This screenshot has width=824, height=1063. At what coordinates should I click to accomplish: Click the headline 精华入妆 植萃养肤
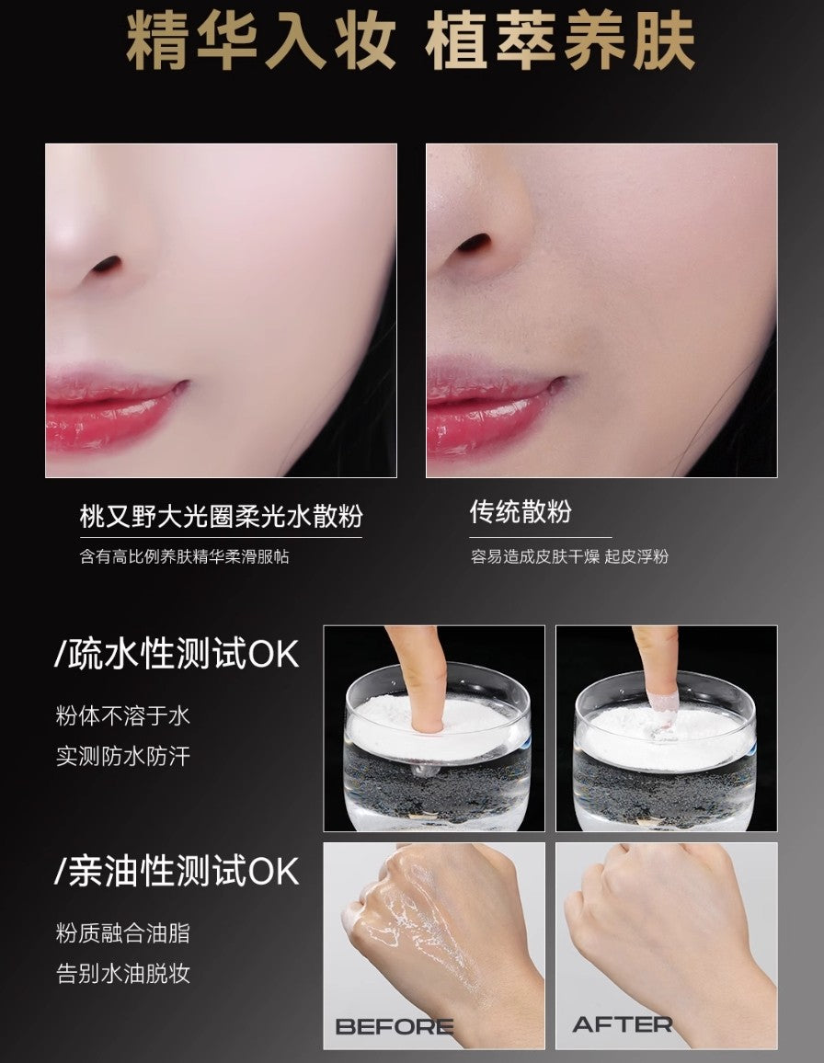pos(411,42)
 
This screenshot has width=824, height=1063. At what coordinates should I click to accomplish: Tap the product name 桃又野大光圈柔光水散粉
pos(221,515)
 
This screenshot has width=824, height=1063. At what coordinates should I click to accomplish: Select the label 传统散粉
pos(521,512)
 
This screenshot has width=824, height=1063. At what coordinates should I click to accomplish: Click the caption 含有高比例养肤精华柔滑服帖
pos(184,556)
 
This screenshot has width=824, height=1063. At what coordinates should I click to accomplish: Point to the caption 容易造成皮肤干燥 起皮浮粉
pos(569,556)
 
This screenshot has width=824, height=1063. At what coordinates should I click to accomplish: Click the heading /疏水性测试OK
pos(177,654)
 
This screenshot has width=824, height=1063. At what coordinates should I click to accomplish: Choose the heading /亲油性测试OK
pos(177,871)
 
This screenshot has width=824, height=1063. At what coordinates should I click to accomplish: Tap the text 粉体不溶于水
pos(123,715)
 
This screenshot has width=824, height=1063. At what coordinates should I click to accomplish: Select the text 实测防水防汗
pos(123,757)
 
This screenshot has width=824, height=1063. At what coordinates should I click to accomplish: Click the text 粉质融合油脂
pos(123,934)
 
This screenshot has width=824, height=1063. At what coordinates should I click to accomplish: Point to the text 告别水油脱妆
pos(123,975)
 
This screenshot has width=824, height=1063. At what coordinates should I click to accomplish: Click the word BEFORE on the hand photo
pos(394,1026)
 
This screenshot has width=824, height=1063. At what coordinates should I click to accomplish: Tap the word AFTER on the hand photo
pos(623,1024)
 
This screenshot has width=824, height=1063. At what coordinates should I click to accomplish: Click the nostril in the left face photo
pos(108,265)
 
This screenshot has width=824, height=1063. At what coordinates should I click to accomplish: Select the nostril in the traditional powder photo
pos(475,244)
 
